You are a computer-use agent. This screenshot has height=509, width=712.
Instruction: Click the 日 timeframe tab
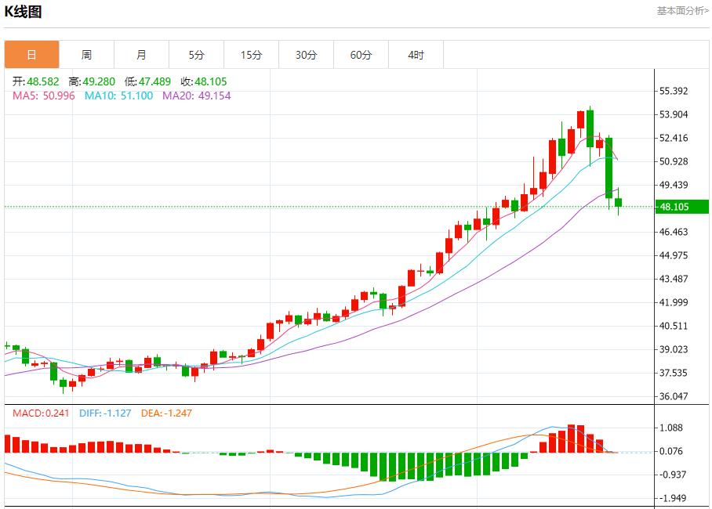[x=31, y=55]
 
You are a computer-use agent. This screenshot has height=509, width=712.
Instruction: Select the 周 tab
[x=86, y=55]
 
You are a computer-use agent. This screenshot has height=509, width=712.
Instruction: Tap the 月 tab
[x=141, y=55]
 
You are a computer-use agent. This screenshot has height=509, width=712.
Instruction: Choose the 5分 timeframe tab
[x=196, y=55]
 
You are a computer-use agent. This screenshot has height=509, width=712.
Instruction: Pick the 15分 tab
[x=251, y=55]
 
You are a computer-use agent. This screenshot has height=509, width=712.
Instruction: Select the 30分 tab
[x=306, y=55]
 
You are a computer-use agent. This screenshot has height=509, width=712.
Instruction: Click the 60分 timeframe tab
[x=361, y=55]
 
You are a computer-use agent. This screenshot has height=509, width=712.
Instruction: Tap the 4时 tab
[x=416, y=55]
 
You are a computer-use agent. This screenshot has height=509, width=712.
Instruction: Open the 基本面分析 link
[x=682, y=11]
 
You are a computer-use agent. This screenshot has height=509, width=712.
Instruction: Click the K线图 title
[x=24, y=12]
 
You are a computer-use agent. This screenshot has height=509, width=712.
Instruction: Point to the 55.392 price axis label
[x=674, y=91]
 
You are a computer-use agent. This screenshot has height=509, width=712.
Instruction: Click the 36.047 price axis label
[x=674, y=396]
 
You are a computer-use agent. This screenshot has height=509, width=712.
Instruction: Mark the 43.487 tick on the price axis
[x=674, y=279]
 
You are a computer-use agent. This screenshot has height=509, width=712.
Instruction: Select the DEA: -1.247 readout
[x=166, y=413]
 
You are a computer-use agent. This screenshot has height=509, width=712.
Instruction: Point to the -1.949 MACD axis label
[x=674, y=498]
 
